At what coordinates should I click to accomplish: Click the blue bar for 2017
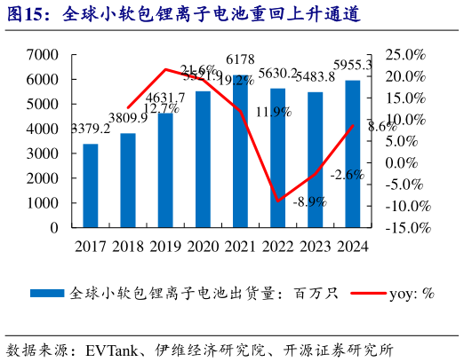pos(91,185)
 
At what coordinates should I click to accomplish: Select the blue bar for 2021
pos(241,151)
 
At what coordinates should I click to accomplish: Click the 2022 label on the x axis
pos(278,245)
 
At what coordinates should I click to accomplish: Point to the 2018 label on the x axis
pos(128,245)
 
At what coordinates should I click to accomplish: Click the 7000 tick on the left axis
pos(42,55)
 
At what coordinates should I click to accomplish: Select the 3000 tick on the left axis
pos(42,153)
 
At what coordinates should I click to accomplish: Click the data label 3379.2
pos(91,130)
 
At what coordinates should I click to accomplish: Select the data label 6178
pos(241,59)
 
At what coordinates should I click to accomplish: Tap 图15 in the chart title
pos(28,13)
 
